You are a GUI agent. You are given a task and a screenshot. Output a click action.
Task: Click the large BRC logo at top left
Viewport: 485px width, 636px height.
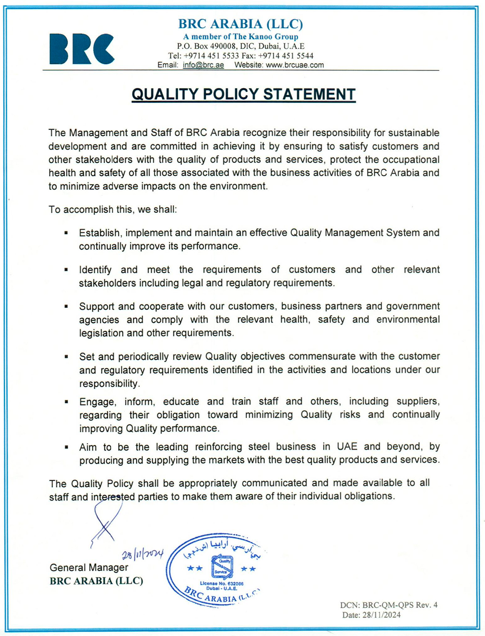[82, 49]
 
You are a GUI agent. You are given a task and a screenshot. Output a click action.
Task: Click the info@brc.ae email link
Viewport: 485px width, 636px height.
[203, 65]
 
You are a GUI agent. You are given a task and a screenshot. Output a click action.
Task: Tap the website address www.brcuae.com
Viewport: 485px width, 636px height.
[295, 65]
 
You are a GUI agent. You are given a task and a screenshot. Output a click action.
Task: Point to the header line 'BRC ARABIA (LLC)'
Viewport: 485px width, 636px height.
[240, 24]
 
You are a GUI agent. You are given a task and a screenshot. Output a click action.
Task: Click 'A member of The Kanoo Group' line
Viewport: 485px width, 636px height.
[240, 37]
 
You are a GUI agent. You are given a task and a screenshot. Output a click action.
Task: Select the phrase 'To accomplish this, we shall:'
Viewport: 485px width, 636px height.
[113, 209]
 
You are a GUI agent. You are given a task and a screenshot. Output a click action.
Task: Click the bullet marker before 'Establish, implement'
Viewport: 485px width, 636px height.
[66, 233]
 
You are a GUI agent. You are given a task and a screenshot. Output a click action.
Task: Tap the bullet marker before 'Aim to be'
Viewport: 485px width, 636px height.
[66, 447]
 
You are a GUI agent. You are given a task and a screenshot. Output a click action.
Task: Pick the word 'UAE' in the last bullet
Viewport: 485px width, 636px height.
[347, 446]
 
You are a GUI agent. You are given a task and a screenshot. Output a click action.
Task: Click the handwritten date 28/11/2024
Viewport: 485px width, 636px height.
[143, 554]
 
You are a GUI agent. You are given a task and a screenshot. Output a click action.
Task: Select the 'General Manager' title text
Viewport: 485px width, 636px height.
[89, 568]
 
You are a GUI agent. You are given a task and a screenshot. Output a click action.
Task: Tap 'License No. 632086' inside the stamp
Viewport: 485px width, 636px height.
[221, 583]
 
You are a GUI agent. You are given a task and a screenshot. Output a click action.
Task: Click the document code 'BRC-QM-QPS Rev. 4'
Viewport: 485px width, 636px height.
[400, 605]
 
